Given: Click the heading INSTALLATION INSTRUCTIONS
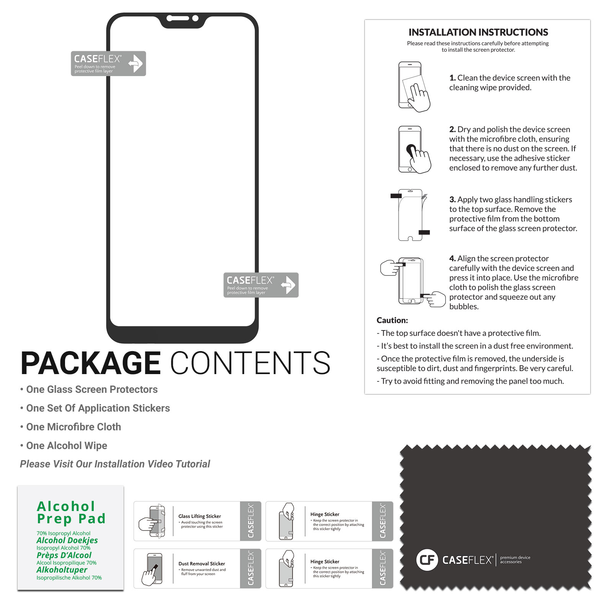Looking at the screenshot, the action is [x=478, y=32].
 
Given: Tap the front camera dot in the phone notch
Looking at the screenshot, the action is [x=195, y=18].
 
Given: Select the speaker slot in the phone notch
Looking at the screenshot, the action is [x=178, y=18].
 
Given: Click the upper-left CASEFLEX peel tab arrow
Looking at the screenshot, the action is [x=135, y=63].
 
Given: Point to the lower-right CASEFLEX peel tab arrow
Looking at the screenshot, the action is [x=288, y=285].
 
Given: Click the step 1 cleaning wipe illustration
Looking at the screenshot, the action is [x=414, y=87].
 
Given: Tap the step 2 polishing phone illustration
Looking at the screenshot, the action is [x=415, y=150].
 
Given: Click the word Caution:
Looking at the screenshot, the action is [x=392, y=320].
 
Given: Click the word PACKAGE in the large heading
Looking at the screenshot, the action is [x=91, y=363].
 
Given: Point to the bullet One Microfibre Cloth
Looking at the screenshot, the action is [x=71, y=427].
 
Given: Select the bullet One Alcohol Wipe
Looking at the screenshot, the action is [x=63, y=446].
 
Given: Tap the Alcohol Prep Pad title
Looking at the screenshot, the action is [x=71, y=513].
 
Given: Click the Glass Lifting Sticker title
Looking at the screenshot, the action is [x=200, y=516].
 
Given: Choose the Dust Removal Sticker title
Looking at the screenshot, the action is [x=202, y=564].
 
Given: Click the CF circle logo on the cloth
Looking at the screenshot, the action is [x=427, y=560].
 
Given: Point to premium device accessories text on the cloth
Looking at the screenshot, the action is [x=515, y=560].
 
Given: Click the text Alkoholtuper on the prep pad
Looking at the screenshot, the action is [x=62, y=570].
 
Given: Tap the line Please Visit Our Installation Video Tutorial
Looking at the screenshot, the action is [x=115, y=464].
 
